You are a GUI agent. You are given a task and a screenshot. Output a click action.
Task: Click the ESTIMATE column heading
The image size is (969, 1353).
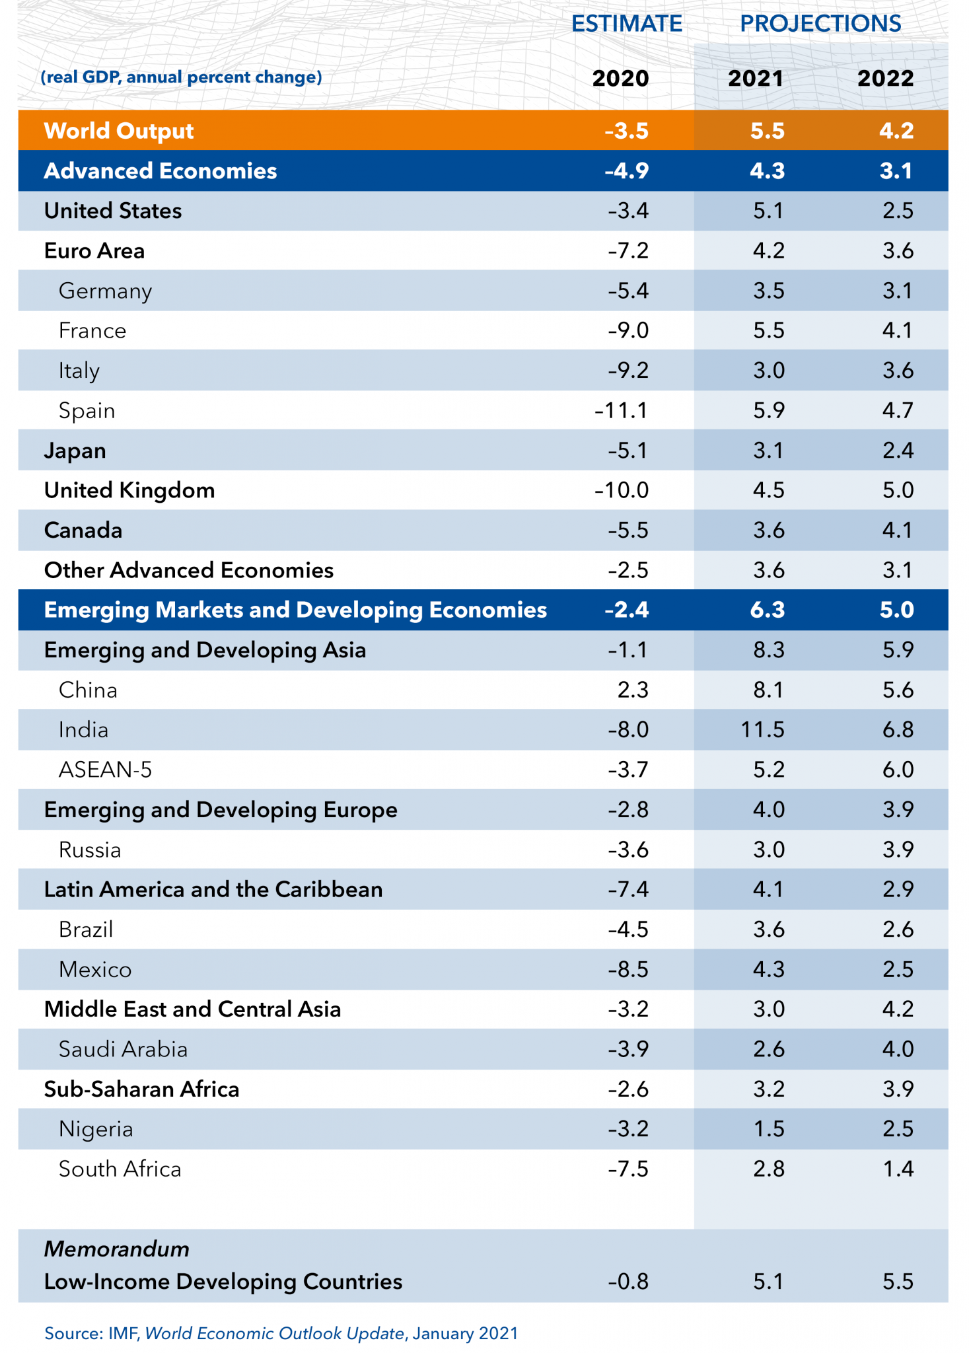[626, 24]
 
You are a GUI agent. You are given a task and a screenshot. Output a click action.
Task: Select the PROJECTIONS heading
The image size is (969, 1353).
[820, 24]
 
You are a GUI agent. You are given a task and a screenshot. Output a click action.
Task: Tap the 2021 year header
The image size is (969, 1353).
[755, 79]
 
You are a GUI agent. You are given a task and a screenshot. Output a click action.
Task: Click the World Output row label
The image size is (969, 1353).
[119, 131]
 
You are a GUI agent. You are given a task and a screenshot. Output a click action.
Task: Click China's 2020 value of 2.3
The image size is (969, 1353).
[632, 690]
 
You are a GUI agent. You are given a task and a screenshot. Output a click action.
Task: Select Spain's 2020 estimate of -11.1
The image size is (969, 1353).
[621, 411]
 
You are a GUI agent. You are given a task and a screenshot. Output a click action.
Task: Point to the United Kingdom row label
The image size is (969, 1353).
[129, 490]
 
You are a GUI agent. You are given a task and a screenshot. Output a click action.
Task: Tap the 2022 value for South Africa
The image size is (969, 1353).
[898, 1169]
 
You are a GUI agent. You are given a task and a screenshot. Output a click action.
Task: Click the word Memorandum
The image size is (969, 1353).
[116, 1249]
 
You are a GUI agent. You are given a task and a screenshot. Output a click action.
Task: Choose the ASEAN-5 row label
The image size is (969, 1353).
[105, 770]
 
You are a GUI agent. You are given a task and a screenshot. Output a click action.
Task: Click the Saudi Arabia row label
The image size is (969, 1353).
[123, 1049]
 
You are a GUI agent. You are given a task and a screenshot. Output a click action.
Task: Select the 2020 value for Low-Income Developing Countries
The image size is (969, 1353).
[628, 1282]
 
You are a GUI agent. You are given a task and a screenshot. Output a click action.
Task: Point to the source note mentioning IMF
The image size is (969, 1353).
[281, 1333]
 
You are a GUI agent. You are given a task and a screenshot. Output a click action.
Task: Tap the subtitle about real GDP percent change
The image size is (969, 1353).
[181, 77]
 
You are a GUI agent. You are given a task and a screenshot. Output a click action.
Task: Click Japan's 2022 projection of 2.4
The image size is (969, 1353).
[898, 451]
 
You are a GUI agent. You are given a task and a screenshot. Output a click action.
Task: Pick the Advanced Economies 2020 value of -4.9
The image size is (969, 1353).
[626, 171]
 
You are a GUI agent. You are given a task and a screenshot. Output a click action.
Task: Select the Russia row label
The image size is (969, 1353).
[90, 850]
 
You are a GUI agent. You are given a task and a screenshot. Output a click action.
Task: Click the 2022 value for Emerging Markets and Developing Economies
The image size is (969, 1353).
[896, 609]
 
